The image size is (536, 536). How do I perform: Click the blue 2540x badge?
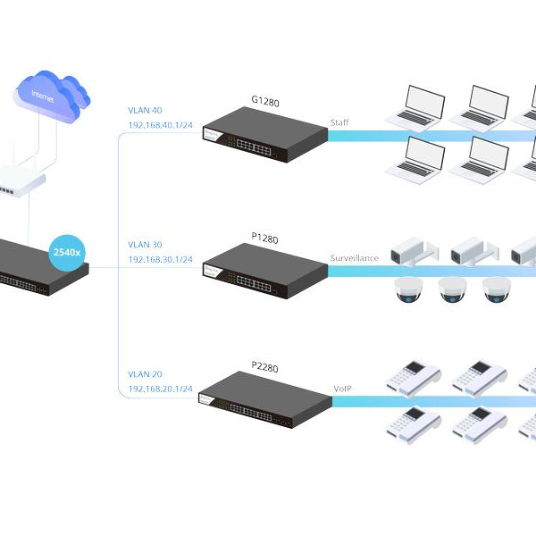pos(67,253)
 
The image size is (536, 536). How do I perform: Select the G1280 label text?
pos(265,103)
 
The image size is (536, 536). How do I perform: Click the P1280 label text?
pos(265,239)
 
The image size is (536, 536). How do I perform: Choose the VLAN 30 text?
pos(145,245)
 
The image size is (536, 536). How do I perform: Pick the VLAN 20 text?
pos(145,375)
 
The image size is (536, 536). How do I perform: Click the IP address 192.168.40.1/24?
pos(161,126)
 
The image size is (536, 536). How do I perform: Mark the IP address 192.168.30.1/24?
pos(161,259)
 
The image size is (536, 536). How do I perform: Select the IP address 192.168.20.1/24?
pos(161,389)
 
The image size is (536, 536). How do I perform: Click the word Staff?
pos(339,123)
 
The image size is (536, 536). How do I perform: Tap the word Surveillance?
pos(355,258)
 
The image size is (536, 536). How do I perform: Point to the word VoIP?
pos(343,389)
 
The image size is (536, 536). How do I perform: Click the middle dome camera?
pos(452,290)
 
